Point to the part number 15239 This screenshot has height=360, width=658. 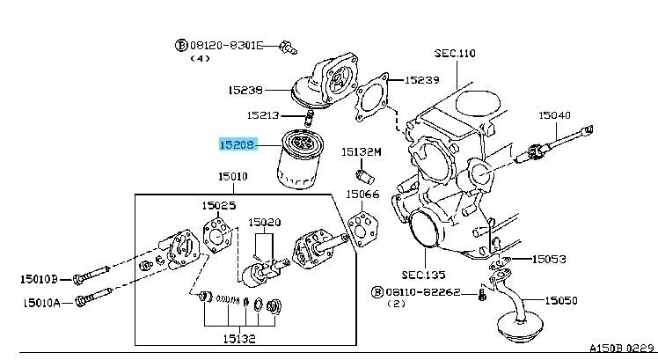pyautogui.click(x=421, y=80)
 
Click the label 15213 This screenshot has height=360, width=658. pyautogui.click(x=264, y=114)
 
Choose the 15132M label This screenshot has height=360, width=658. pyautogui.click(x=362, y=151)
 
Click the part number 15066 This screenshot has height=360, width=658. pyautogui.click(x=362, y=195)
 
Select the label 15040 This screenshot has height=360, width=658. pyautogui.click(x=555, y=115)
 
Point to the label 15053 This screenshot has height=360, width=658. pyautogui.click(x=549, y=260)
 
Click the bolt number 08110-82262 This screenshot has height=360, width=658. pyautogui.click(x=426, y=291)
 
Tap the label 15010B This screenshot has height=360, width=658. pyautogui.click(x=40, y=280)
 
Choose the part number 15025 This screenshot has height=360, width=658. pyautogui.click(x=220, y=205)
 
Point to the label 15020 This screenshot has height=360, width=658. pyautogui.click(x=264, y=223)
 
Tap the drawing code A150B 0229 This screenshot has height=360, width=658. pyautogui.click(x=621, y=349)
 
